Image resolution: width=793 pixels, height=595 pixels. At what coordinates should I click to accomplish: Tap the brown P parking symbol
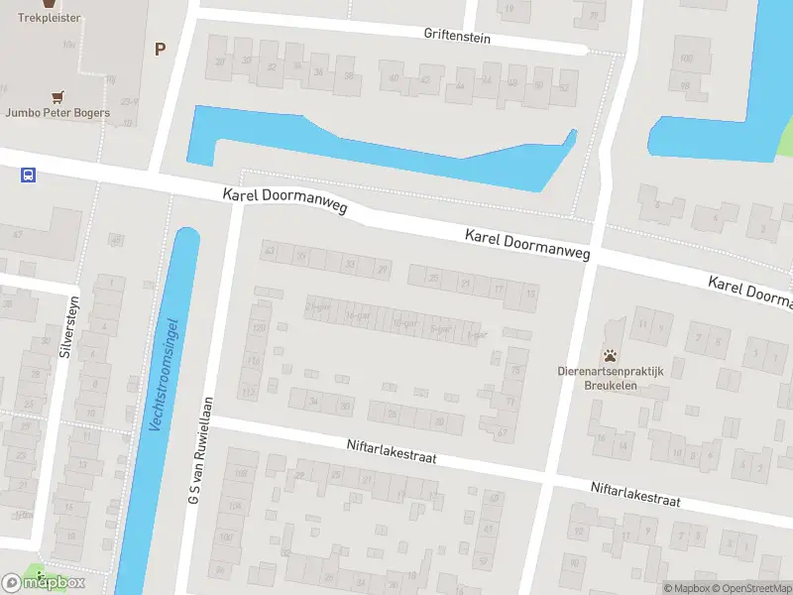(x=159, y=48)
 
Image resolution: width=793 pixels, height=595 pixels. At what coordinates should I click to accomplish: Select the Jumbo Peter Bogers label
(x=57, y=113)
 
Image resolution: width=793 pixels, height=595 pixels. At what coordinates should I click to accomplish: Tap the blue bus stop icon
(x=28, y=176)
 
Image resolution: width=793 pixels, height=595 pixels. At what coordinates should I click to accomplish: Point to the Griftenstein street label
(x=457, y=36)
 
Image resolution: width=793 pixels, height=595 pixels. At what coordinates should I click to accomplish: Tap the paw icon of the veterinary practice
(x=611, y=355)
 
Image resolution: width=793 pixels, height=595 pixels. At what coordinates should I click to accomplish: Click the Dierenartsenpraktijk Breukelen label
(x=610, y=379)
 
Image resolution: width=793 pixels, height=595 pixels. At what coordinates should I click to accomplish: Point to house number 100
(x=686, y=59)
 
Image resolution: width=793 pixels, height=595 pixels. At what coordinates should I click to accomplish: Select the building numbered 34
(x=313, y=402)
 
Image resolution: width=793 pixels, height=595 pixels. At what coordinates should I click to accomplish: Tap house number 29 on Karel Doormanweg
(x=382, y=268)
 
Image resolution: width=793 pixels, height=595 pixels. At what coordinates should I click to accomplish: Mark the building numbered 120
(x=259, y=327)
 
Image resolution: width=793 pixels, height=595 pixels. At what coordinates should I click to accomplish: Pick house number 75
(x=515, y=370)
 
